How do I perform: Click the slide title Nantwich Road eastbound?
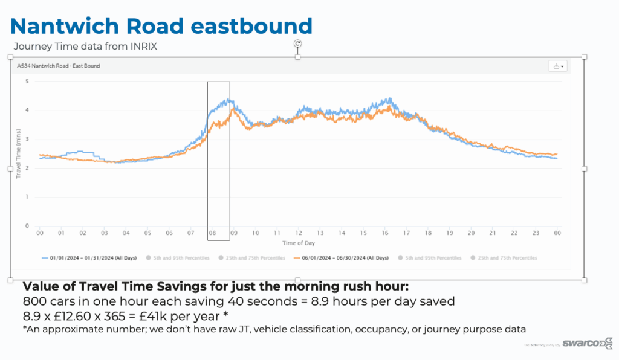pyautogui.click(x=161, y=25)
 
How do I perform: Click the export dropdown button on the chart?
pyautogui.click(x=557, y=66)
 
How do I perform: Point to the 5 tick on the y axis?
pyautogui.click(x=27, y=81)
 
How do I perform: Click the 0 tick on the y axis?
pyautogui.click(x=27, y=226)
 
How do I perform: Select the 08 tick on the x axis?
pyautogui.click(x=213, y=233)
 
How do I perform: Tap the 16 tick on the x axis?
pyautogui.click(x=385, y=233)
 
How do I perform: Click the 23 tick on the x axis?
pyautogui.click(x=536, y=233)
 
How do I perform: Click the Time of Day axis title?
pyautogui.click(x=298, y=243)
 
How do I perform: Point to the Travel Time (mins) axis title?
pyautogui.click(x=18, y=153)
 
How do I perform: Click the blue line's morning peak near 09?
pyautogui.click(x=228, y=100)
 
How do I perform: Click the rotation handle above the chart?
pyautogui.click(x=297, y=43)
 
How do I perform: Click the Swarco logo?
pyautogui.click(x=581, y=343)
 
